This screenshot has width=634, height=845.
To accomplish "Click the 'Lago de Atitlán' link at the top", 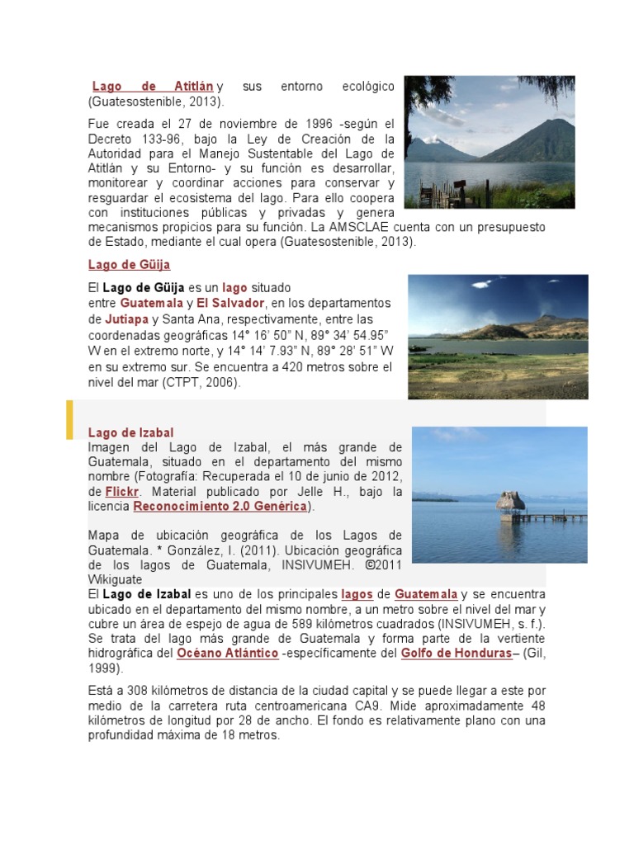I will (153, 86).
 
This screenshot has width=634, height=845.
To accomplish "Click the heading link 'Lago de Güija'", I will (130, 265).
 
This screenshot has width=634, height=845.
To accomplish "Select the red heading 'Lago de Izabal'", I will (131, 432).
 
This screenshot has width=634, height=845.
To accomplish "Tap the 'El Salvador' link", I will (230, 304).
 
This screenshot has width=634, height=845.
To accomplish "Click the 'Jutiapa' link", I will (126, 319).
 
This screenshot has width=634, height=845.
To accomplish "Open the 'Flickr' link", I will (121, 492).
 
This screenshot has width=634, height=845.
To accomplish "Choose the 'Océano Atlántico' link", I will (228, 653).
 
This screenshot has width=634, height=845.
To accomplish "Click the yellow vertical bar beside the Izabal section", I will (70, 419).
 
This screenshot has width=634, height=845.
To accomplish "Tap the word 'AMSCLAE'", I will (362, 227).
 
